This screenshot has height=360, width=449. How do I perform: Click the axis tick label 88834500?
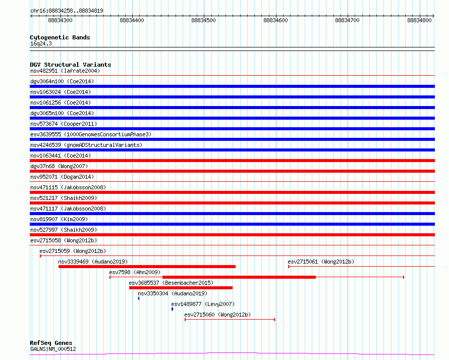pos(203,20)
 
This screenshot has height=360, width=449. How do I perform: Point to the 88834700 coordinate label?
pos(347,20)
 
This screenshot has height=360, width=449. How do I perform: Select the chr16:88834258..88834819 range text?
pos(67,11)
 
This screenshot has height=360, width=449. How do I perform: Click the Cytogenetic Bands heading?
pos(60,37)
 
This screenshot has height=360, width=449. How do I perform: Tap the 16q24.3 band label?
pos(41,43)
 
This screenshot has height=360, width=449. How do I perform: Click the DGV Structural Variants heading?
pos(71,65)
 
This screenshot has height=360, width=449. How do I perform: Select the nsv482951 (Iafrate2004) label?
pos(65,71)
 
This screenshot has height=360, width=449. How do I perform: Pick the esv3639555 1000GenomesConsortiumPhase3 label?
pos(91,134)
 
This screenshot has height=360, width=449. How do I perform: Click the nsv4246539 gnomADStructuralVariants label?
pos(86,145)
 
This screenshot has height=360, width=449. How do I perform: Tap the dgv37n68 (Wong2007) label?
pos(59,166)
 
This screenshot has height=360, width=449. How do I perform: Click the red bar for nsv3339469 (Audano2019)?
pos(147,267)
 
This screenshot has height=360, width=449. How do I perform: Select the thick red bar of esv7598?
pos(239,277)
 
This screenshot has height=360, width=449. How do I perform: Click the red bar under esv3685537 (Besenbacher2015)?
pos(181,288)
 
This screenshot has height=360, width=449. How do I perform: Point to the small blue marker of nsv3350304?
pos(139,298)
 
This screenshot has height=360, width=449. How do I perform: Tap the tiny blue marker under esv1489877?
pos(172,309)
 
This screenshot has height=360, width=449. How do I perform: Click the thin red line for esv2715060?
pos(230,319)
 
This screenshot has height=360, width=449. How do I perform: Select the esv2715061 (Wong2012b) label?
pos(321,262)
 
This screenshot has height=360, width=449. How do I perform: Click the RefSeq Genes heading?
pos(51,343)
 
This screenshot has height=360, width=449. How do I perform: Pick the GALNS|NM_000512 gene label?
pos(53,349)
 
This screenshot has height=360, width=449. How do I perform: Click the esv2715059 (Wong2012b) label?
pos(73,251)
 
